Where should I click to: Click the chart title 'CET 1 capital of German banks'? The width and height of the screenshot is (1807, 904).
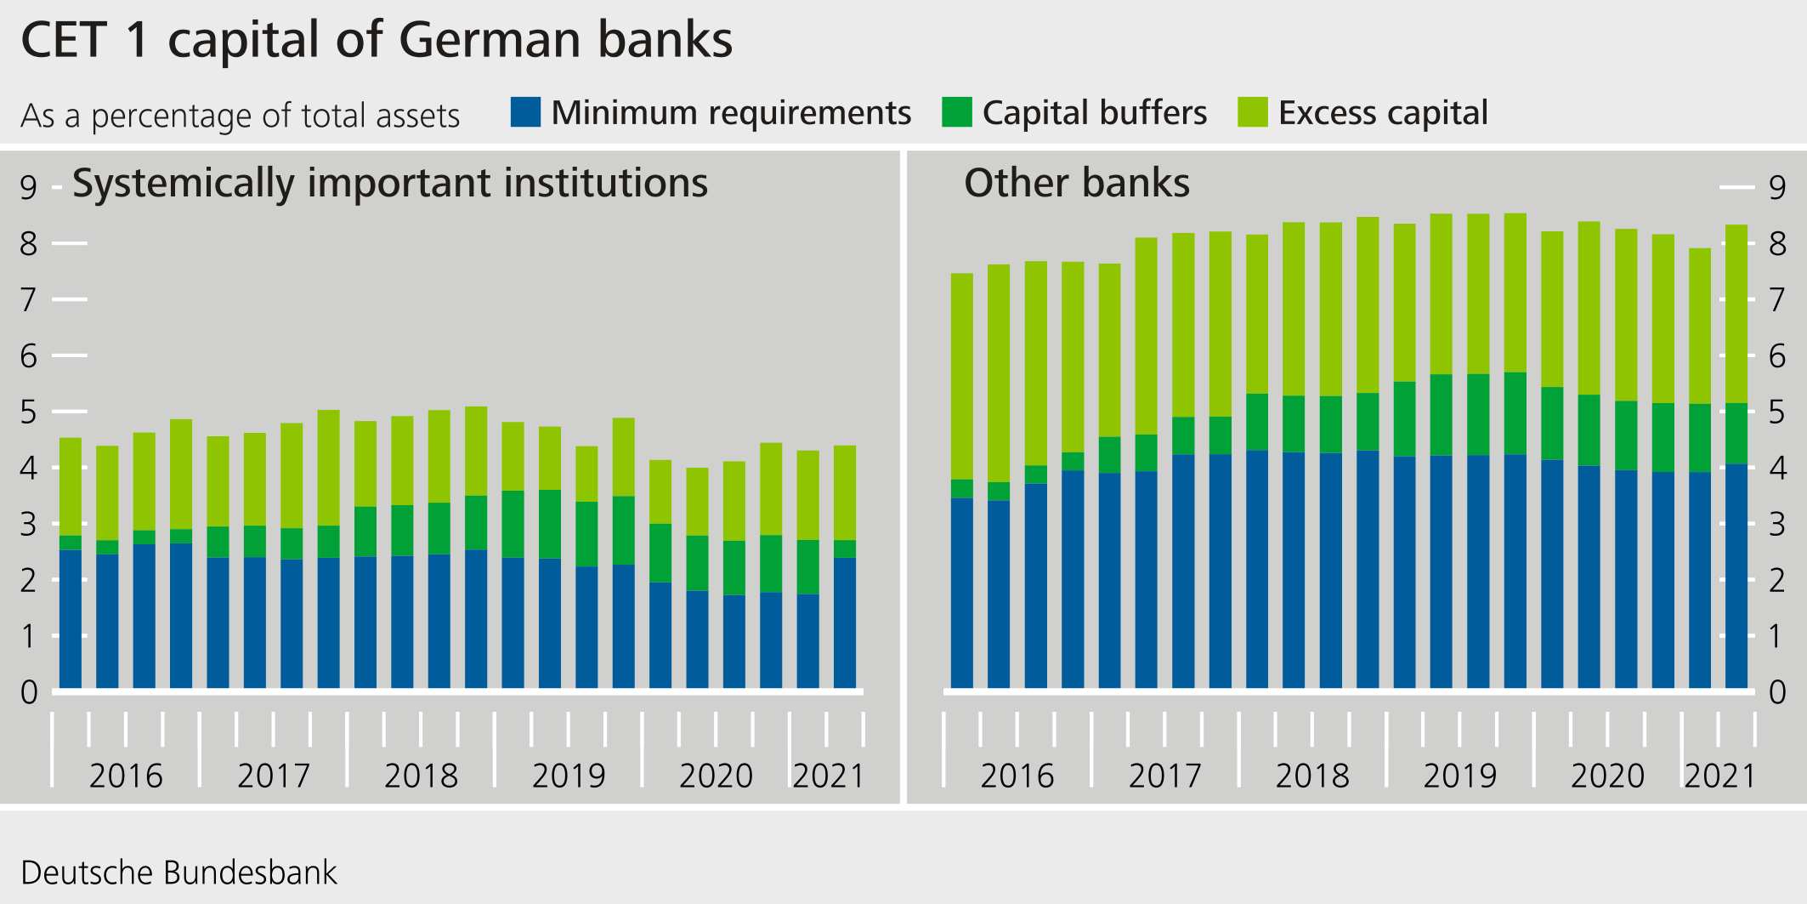tap(377, 40)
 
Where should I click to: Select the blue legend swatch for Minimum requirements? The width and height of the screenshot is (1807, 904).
tap(525, 112)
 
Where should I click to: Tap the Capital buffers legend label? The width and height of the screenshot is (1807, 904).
tap(1094, 112)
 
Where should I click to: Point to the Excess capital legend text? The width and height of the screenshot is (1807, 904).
tap(1383, 112)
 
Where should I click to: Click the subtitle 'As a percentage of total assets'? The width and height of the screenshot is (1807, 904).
tap(241, 116)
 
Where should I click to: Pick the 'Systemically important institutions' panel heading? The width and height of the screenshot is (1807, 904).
tap(390, 183)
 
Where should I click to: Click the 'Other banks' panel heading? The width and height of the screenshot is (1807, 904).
tap(1076, 183)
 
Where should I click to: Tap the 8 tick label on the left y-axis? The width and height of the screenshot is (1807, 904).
tap(29, 244)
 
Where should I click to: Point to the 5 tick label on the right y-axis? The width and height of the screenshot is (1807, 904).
tap(1776, 412)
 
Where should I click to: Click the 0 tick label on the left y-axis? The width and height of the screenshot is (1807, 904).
tap(29, 692)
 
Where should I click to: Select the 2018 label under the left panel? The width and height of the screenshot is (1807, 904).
tap(421, 776)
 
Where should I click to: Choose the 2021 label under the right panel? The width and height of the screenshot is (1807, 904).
tap(1719, 776)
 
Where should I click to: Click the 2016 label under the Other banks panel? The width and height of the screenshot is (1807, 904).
tap(1017, 776)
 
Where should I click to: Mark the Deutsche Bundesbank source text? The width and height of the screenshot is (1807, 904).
tap(178, 873)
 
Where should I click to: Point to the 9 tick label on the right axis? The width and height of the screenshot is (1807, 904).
tap(1776, 188)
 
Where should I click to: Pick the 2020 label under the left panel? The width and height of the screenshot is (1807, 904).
tap(716, 776)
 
